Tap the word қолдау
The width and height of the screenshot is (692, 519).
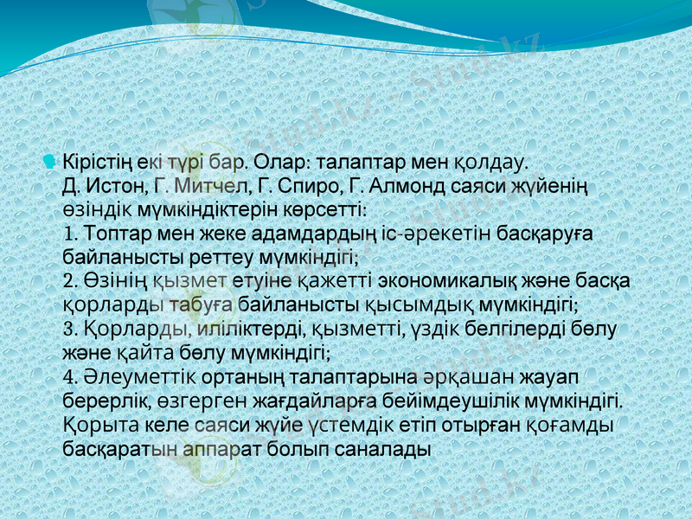(x=500, y=163)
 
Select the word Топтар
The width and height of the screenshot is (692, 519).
(x=118, y=234)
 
